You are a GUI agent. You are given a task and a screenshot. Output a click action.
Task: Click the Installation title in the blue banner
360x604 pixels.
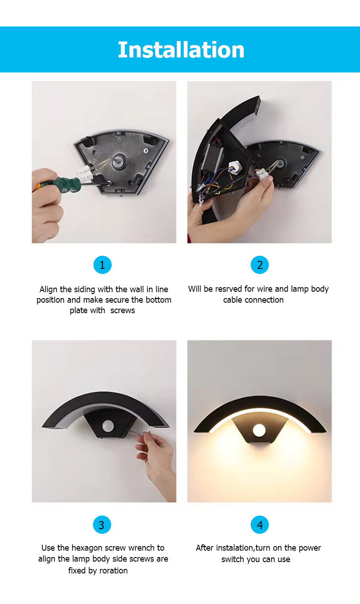[181, 50]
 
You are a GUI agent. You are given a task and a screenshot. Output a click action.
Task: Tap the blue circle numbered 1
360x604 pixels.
[102, 265]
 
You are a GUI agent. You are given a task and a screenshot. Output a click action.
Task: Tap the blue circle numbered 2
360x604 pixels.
[260, 265]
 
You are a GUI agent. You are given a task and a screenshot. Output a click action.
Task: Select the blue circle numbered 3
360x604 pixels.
[102, 525]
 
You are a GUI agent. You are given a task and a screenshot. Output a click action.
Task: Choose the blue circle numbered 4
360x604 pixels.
[260, 525]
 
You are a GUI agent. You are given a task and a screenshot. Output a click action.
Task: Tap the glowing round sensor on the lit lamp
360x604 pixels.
[259, 429]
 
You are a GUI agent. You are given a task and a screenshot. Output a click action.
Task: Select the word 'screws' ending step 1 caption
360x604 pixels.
[123, 310]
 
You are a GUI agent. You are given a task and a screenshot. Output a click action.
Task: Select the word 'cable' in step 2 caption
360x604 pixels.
[233, 300]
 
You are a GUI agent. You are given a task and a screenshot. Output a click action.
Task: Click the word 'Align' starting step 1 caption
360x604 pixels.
[48, 289]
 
